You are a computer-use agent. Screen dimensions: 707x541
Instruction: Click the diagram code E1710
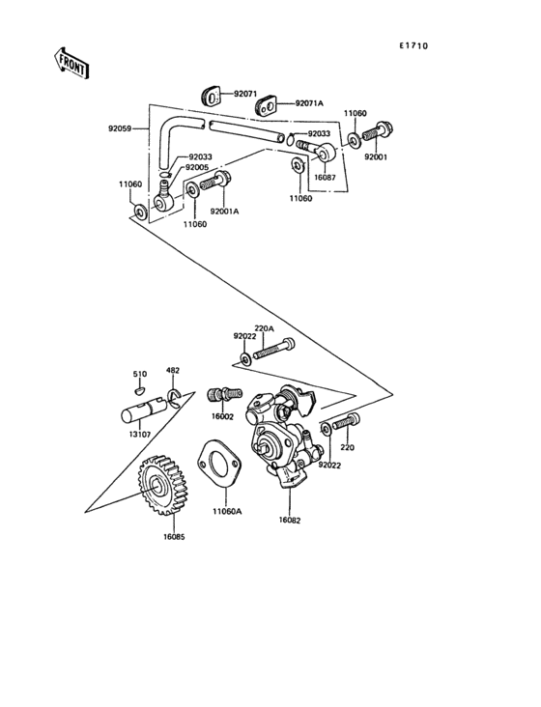413,45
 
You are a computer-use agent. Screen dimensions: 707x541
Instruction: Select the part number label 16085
174,536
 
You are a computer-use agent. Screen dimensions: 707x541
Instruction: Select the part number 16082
290,520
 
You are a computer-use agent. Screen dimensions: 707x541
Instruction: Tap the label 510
139,374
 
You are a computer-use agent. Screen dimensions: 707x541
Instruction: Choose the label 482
172,371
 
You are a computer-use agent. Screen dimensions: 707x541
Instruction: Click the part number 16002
223,416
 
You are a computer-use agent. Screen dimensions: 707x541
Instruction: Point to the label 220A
264,328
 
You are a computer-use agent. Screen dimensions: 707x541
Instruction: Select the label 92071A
309,102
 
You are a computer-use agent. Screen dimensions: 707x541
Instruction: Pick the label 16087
325,178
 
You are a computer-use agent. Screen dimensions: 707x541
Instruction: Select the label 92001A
225,212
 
